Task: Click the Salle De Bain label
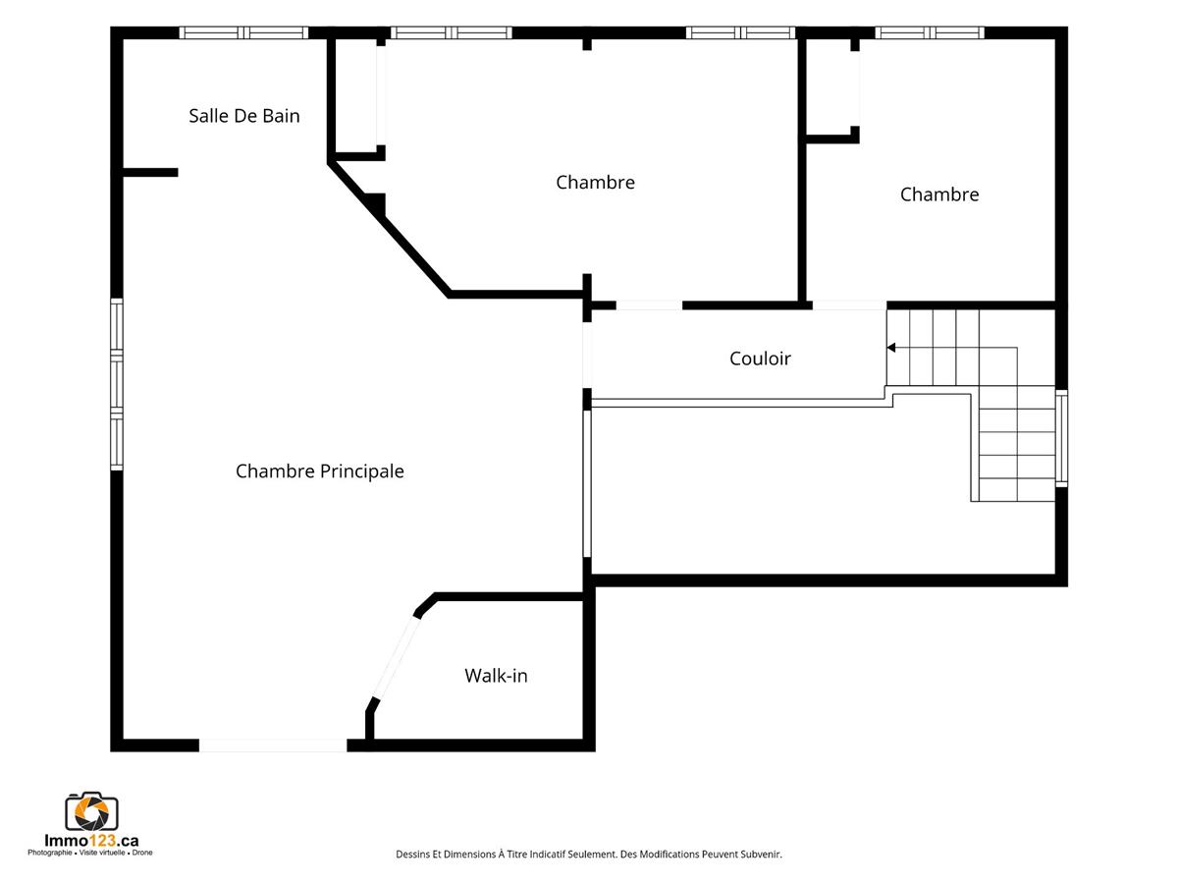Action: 244,116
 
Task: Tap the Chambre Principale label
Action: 320,471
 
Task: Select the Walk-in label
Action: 496,675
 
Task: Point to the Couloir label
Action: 760,359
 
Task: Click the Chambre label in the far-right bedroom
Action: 939,194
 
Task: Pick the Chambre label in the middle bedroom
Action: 595,183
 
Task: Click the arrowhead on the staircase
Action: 891,348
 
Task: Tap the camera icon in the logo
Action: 91,811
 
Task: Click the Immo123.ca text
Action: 91,841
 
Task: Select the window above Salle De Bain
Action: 243,32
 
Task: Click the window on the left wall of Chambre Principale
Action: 117,384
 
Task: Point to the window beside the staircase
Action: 1061,438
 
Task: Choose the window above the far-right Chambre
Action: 930,32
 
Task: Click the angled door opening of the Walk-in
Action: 396,658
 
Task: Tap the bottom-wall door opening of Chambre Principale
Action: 273,746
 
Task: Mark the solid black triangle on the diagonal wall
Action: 378,202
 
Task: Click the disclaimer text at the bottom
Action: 589,854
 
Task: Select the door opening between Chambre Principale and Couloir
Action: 587,355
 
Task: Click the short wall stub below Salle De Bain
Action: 151,172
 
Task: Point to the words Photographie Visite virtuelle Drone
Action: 90,853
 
